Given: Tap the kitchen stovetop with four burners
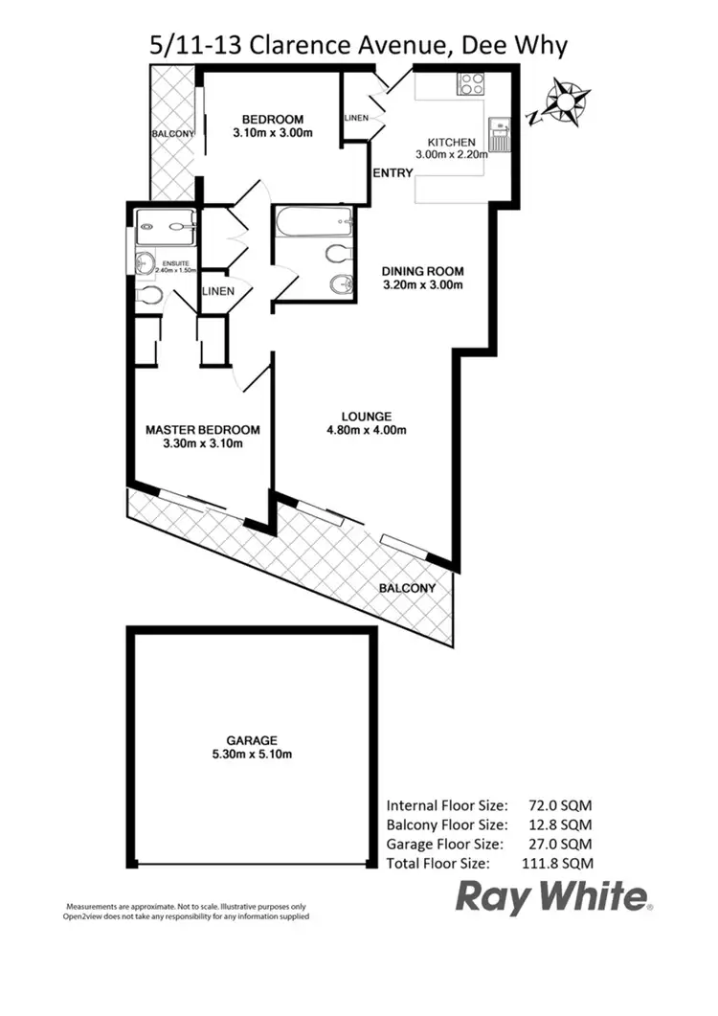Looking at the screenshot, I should [x=471, y=84].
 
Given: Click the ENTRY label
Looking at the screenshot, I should [x=393, y=173].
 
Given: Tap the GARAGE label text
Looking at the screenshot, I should [x=252, y=740].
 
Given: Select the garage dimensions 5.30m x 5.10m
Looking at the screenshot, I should [x=252, y=755].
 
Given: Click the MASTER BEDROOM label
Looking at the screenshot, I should [x=202, y=430].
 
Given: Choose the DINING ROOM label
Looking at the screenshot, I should [x=422, y=270].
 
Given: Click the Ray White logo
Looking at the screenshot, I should [x=552, y=897].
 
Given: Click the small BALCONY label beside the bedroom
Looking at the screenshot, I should [x=172, y=134].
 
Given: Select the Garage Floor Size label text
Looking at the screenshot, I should [x=443, y=844].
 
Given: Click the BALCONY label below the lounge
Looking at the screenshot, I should [x=407, y=588].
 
